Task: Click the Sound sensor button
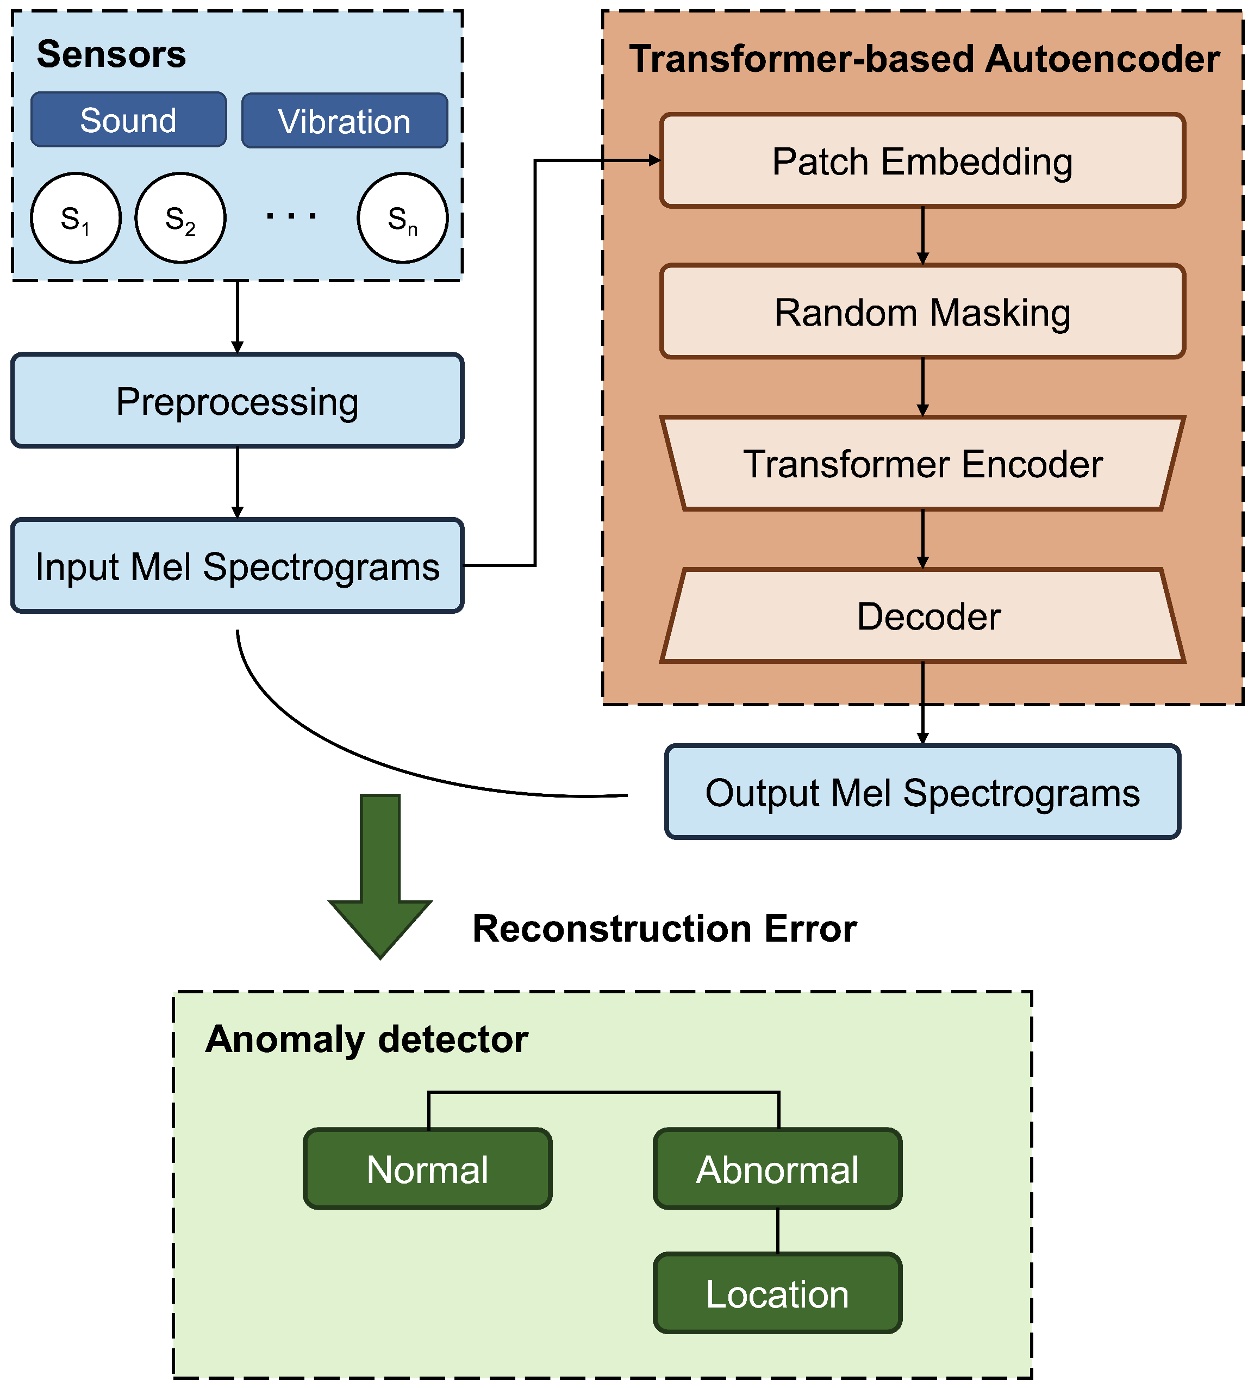coord(129,120)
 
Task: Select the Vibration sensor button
coord(344,121)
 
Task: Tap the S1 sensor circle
coord(76,218)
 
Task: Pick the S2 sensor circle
coord(180,218)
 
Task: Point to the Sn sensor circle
coord(403,218)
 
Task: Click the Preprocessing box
coord(238,401)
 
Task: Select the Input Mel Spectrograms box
coord(238,566)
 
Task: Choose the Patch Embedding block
coord(922,161)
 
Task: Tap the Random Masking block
coord(922,312)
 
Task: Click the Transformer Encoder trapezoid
coord(922,463)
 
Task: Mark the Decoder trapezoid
coord(922,615)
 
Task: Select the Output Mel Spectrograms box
coord(922,793)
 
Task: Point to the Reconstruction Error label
coord(664,929)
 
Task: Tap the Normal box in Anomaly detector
coord(427,1170)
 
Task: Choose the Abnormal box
coord(778,1170)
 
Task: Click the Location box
coord(778,1294)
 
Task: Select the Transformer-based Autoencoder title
coord(924,59)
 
